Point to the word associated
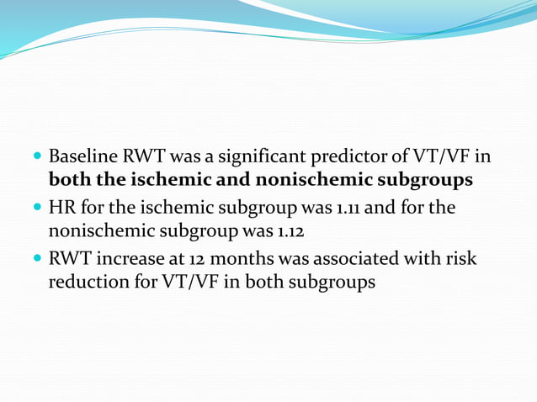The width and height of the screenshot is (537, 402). (x=366, y=258)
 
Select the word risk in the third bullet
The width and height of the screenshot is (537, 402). (x=460, y=258)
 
